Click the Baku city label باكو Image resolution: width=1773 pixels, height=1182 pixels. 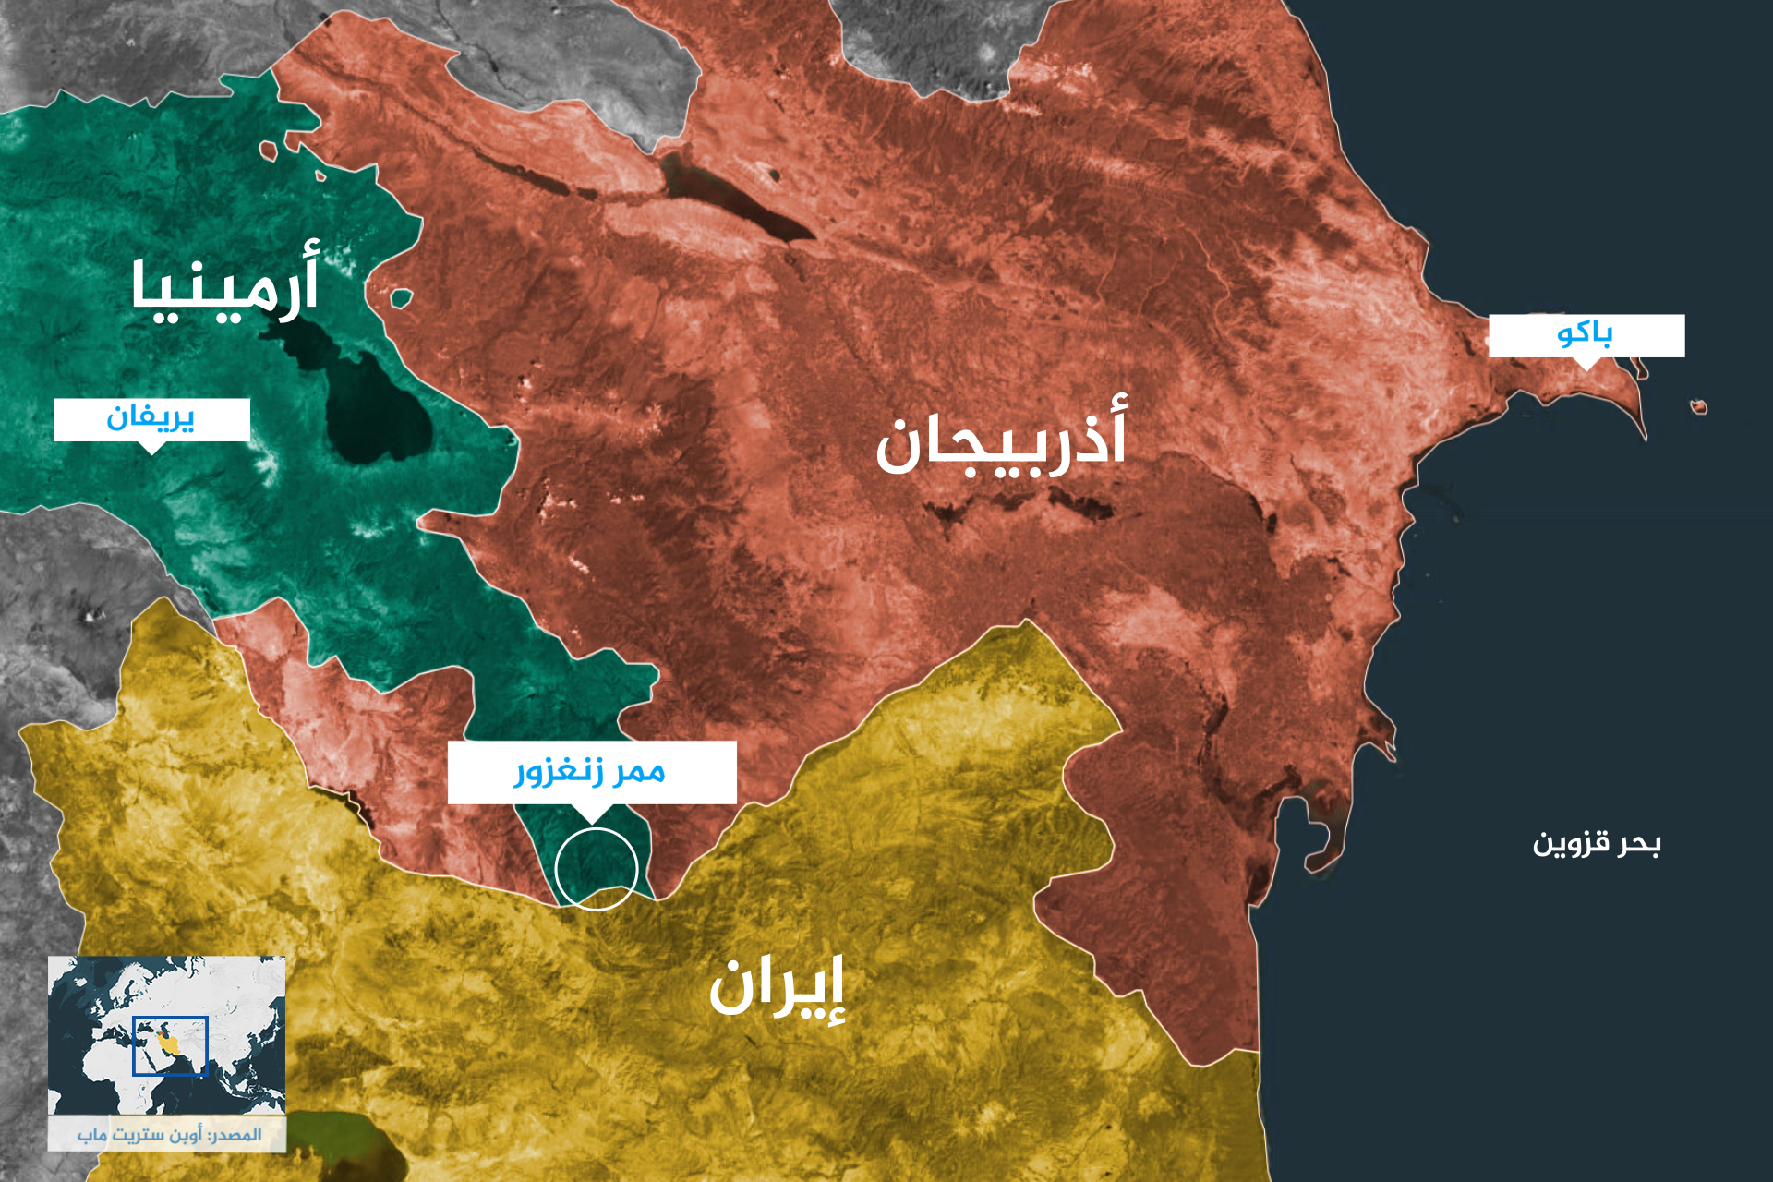(1586, 334)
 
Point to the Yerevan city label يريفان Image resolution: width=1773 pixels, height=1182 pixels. (151, 418)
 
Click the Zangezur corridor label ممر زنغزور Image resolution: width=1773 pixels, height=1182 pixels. (591, 771)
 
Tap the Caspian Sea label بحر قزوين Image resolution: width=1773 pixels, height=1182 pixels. (1597, 843)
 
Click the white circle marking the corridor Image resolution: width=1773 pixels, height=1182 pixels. (597, 869)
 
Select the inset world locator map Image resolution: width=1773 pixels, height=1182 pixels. (166, 1034)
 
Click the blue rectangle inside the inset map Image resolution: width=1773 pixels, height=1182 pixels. (170, 1046)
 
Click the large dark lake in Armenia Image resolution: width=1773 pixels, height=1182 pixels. (369, 406)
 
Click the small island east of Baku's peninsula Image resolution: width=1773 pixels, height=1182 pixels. (1698, 407)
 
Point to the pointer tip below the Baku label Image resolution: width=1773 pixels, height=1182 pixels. (1586, 367)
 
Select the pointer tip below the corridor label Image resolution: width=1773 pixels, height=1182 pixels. (591, 819)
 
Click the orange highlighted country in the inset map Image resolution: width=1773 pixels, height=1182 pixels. (169, 1043)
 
